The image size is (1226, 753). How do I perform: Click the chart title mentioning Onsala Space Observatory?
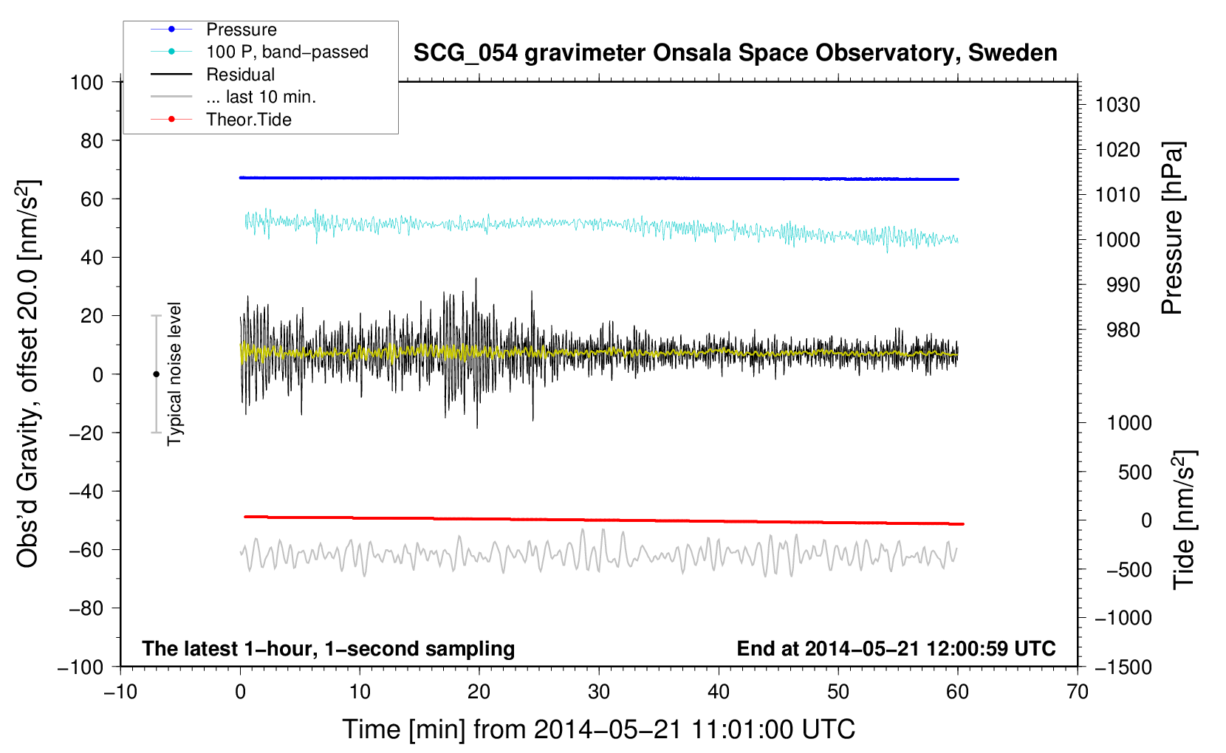tap(735, 53)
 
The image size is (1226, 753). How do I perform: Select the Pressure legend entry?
tap(241, 30)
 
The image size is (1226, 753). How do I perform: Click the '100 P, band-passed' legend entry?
tap(287, 52)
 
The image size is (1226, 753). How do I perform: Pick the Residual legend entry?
tap(240, 75)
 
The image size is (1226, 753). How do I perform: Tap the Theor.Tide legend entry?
tap(248, 120)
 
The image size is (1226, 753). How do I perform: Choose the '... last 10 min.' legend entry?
tap(261, 97)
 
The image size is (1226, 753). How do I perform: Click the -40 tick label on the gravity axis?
tap(86, 491)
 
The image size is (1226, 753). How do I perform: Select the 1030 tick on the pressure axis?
tap(1117, 105)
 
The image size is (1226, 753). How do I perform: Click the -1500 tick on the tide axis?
tap(1123, 667)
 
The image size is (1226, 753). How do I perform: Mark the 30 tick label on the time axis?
tap(598, 692)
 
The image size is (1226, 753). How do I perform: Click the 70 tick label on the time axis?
tap(1077, 692)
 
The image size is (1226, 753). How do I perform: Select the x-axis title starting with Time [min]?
tap(598, 729)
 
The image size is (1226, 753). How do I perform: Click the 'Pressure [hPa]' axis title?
tap(1172, 228)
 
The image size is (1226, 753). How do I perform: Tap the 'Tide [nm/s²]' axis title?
tap(1184, 519)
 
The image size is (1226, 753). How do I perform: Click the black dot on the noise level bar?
tap(156, 374)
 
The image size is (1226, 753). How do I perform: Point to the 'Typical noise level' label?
tap(174, 374)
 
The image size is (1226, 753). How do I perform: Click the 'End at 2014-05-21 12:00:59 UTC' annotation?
tap(896, 648)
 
